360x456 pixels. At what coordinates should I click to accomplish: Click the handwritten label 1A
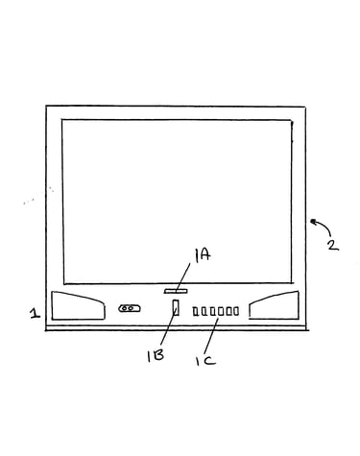click(x=203, y=255)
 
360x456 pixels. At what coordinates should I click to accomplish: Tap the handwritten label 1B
click(x=156, y=355)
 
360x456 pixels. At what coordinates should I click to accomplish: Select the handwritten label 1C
click(x=205, y=361)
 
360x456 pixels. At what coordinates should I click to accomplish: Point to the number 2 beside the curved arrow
click(x=333, y=245)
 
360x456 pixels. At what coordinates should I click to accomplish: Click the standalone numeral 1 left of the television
click(x=35, y=313)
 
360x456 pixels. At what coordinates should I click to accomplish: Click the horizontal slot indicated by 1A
click(x=176, y=291)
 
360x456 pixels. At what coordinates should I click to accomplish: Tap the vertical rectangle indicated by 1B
click(x=176, y=307)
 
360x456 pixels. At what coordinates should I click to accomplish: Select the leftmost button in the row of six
click(x=195, y=311)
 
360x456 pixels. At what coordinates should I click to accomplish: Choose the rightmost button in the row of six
click(x=236, y=311)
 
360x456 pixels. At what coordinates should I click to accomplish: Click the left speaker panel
click(x=78, y=305)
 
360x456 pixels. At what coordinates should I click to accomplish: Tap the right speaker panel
click(x=275, y=305)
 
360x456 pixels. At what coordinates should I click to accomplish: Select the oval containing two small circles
click(x=130, y=308)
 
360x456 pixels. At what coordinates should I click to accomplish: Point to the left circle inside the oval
click(x=125, y=308)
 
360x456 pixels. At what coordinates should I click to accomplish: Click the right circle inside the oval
click(x=132, y=308)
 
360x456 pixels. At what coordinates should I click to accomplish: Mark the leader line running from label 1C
click(x=211, y=336)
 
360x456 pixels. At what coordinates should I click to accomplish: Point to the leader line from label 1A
click(x=182, y=277)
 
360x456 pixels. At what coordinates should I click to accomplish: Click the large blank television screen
click(x=178, y=202)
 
